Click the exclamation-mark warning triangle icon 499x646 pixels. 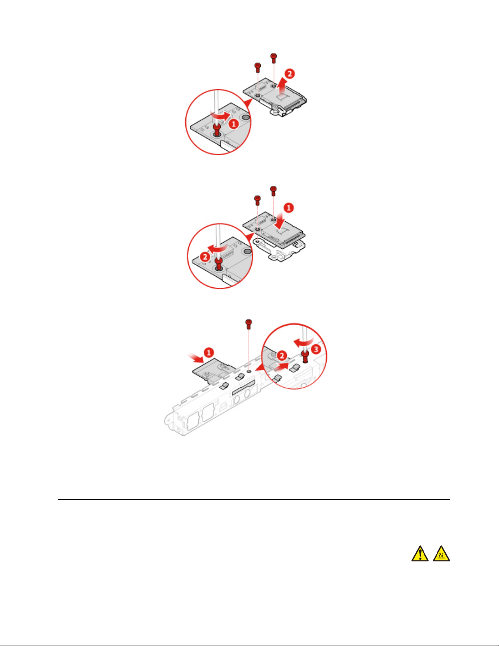click(420, 554)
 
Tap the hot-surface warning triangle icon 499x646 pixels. click(442, 554)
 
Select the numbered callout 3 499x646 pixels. click(316, 349)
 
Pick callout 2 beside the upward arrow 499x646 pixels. click(290, 74)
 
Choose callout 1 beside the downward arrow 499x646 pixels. click(289, 208)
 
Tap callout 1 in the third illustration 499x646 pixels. click(209, 353)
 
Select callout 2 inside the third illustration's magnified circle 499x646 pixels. click(281, 356)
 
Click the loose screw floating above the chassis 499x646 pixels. click(248, 324)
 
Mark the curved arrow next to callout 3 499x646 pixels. click(303, 342)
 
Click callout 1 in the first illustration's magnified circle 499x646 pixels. click(234, 123)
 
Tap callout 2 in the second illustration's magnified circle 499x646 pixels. click(205, 257)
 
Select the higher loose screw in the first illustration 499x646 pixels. click(274, 58)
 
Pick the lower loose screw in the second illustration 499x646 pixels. click(257, 201)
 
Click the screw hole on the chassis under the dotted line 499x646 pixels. click(249, 371)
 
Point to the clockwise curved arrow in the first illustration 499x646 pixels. click(220, 115)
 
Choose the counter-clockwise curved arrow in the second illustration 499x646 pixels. click(218, 249)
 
